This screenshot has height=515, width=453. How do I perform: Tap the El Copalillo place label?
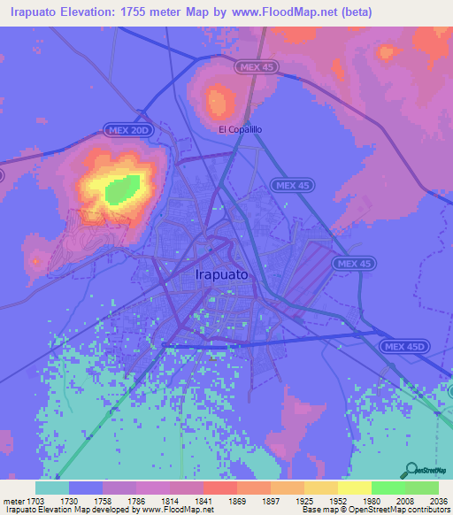pyautogui.click(x=240, y=129)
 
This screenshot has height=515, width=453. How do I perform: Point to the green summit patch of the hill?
pyautogui.click(x=122, y=188)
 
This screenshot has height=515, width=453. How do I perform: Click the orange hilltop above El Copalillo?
pyautogui.click(x=217, y=101)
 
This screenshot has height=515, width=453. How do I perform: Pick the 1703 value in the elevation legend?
pyautogui.click(x=35, y=500)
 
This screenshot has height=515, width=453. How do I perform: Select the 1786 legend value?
pyautogui.click(x=135, y=500)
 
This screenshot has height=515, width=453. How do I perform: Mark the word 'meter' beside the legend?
pyautogui.click(x=12, y=500)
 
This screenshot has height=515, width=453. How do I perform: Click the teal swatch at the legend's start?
pyautogui.click(x=51, y=488)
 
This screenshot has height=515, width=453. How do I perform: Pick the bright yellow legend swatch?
pyautogui.click(x=354, y=488)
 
